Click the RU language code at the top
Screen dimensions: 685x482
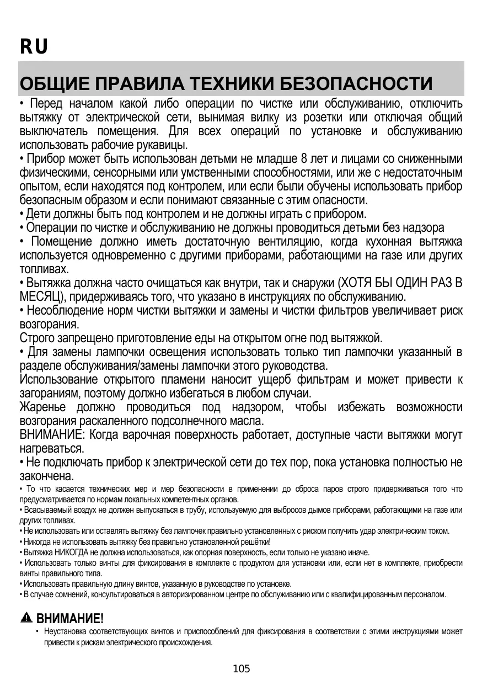pos(34,47)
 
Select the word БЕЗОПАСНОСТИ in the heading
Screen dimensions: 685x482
pos(356,84)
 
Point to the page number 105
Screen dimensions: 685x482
pos(242,669)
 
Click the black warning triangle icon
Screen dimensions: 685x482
pos(26,618)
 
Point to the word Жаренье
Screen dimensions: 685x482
pos(42,407)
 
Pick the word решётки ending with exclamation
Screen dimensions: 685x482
pos(253,542)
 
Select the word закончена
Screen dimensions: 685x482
pos(46,475)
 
